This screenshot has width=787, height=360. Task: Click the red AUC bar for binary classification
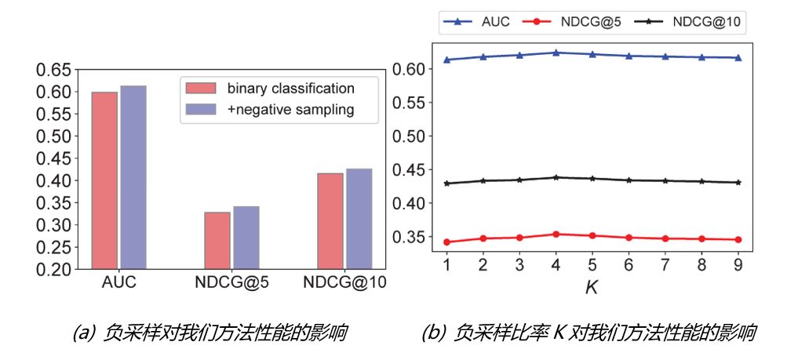[x=104, y=180]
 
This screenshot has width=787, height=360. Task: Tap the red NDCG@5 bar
[x=217, y=240]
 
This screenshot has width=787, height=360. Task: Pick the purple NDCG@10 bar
[x=358, y=219]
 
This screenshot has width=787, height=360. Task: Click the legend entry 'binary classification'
[x=290, y=88]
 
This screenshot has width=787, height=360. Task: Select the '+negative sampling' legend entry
[x=290, y=110]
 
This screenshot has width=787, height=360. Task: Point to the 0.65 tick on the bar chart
[x=54, y=70]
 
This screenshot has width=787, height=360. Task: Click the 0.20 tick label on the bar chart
[x=54, y=270]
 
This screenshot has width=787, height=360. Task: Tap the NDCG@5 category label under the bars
[x=231, y=285]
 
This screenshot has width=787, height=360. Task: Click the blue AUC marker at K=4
[x=556, y=53]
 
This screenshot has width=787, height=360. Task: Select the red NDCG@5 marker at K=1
[x=446, y=242]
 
